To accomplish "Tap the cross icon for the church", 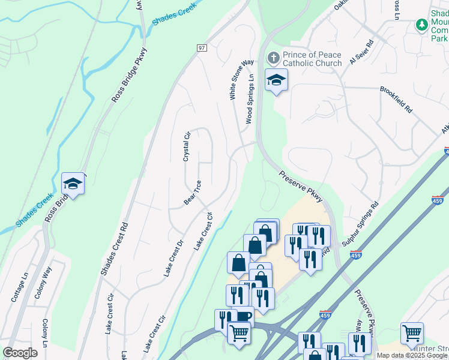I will pos(274,58).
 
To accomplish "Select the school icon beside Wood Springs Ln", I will pos(276,80).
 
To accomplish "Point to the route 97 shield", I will pos(201,47).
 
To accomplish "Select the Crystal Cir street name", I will pos(187,146).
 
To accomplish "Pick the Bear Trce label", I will pos(192,193).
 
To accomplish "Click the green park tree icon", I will pos(422,25).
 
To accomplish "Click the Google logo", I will pos(20,353).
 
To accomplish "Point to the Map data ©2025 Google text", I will pos(412,355).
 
